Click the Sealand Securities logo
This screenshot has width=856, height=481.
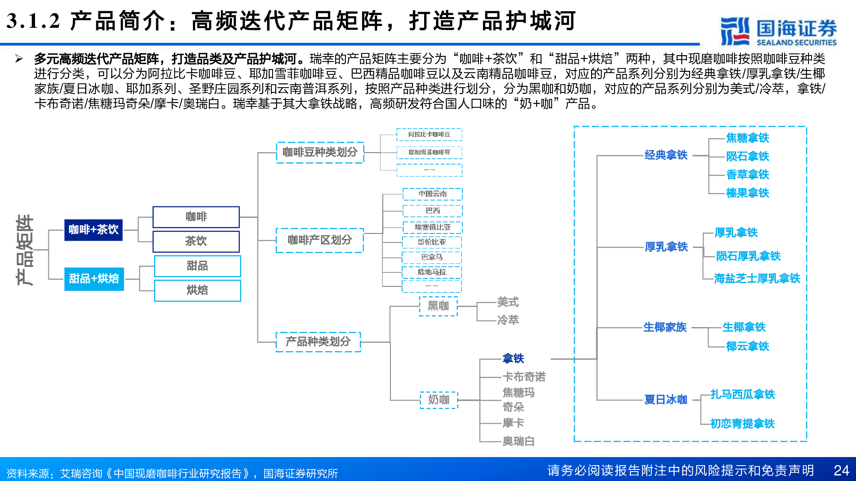coord(778,31)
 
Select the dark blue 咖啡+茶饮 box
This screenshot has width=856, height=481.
coord(93,230)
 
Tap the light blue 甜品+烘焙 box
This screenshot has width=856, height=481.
coord(94,279)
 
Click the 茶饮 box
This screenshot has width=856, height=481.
coord(196,242)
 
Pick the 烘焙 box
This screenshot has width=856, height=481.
coord(197,290)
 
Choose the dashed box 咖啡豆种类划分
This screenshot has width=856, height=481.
coord(320,152)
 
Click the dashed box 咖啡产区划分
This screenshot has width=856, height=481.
coord(320,240)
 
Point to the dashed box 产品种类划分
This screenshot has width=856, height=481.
coord(318,342)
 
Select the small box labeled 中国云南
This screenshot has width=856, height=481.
coord(432,194)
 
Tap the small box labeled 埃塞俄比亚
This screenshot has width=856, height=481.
coord(432,227)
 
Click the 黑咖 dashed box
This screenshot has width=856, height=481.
coord(438,306)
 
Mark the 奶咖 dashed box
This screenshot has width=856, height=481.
coord(439,400)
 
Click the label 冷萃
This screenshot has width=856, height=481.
coord(508,320)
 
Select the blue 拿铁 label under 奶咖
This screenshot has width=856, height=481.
coord(513,358)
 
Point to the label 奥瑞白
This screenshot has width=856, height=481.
coord(518,441)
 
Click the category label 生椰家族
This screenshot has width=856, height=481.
coord(665,328)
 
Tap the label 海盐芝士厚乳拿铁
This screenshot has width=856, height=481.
coord(757,279)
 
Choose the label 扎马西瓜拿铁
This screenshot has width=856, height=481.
coord(743,394)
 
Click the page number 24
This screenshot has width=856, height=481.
coord(841,470)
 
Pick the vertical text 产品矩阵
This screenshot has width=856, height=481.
coord(25,250)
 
